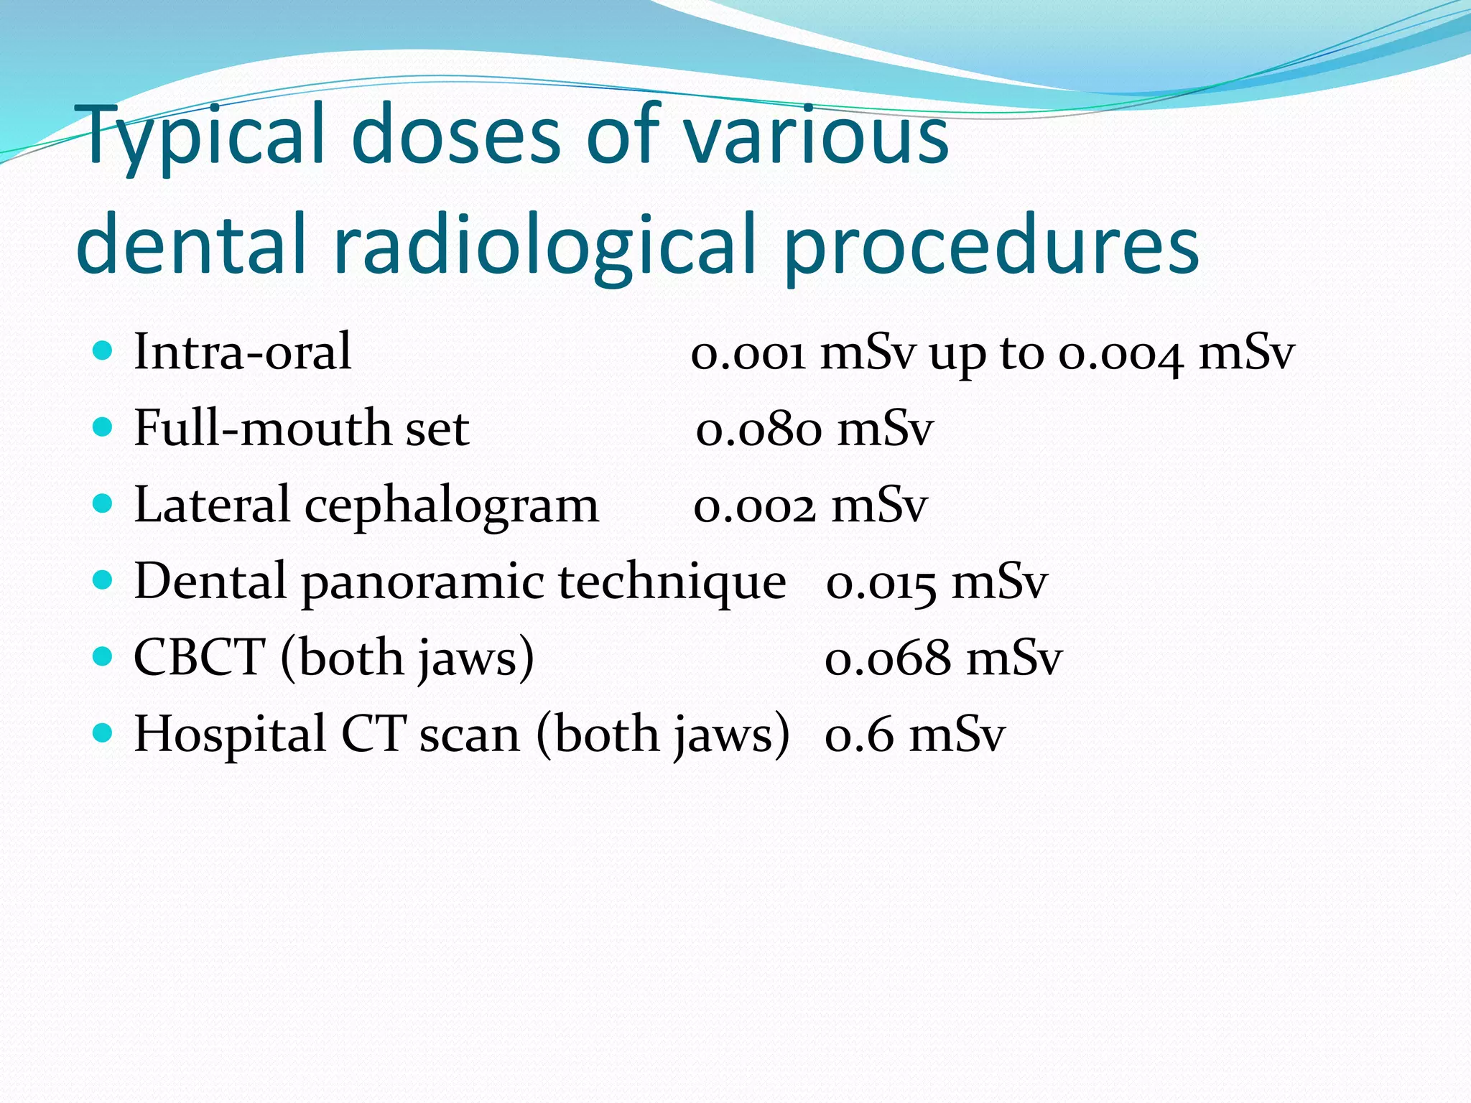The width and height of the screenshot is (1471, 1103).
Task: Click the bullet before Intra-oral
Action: pyautogui.click(x=103, y=351)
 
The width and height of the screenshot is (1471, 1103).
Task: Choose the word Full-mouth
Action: pyautogui.click(x=261, y=429)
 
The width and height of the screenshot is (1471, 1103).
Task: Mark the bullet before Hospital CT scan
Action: pyautogui.click(x=103, y=733)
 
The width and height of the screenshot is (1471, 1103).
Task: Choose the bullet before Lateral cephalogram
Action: pyautogui.click(x=103, y=503)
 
